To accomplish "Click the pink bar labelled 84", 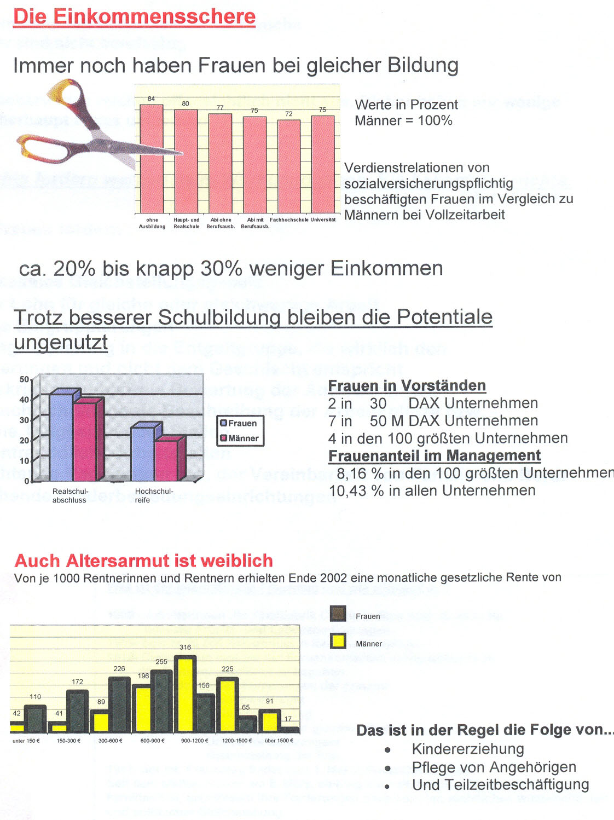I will click(152, 159).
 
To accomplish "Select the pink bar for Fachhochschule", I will click(289, 166).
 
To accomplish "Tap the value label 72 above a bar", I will click(289, 114).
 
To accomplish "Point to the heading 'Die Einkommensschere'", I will click(135, 16).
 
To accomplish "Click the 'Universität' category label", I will click(323, 220).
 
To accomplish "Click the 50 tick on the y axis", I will click(24, 379).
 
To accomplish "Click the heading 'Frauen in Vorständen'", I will click(407, 386).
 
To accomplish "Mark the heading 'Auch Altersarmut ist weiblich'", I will click(143, 561).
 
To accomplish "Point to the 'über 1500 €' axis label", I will click(279, 741).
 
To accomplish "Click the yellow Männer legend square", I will click(338, 641).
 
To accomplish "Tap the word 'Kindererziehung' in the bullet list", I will click(468, 749).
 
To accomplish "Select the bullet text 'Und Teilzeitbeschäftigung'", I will click(500, 785).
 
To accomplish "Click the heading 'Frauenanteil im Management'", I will click(435, 455).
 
